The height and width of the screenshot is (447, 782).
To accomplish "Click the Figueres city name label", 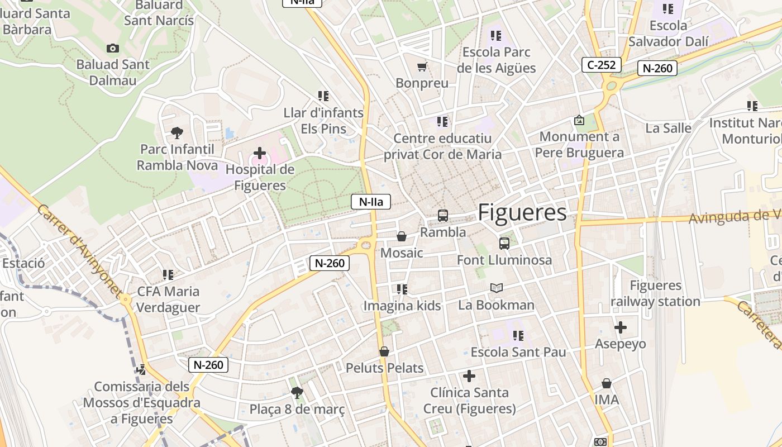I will coord(522,212).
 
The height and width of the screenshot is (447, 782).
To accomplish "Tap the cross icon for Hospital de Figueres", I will coord(260,153).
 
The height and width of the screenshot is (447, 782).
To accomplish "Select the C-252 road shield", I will coord(602,65).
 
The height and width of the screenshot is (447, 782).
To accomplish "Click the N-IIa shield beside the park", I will coord(370,202).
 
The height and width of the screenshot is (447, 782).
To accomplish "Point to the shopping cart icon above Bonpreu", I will coord(422,67).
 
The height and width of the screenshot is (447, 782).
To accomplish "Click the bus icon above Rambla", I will coord(443,215).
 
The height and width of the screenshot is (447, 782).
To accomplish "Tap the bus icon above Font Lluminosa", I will coord(504,243).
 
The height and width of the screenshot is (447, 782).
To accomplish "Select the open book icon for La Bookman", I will coord(496,288).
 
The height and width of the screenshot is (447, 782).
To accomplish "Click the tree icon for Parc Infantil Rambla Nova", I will coord(177,133).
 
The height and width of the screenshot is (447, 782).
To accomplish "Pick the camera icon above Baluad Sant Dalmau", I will coord(113,49).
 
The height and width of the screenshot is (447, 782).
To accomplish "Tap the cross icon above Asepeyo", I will coord(620,327).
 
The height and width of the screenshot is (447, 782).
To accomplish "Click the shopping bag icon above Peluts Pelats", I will coord(384,351).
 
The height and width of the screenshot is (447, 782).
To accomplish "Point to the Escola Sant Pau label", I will coord(518,352).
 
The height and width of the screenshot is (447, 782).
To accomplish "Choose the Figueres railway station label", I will coord(655,293).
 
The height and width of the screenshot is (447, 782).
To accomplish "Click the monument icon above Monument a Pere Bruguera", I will coord(579,120).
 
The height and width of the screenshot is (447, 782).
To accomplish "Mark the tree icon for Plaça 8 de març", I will coord(297,393).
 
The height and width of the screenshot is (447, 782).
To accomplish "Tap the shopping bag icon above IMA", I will coord(607,383).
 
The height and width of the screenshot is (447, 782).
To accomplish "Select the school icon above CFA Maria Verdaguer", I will coord(168,275).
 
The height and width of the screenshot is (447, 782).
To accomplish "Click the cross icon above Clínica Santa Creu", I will coord(469,376).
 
